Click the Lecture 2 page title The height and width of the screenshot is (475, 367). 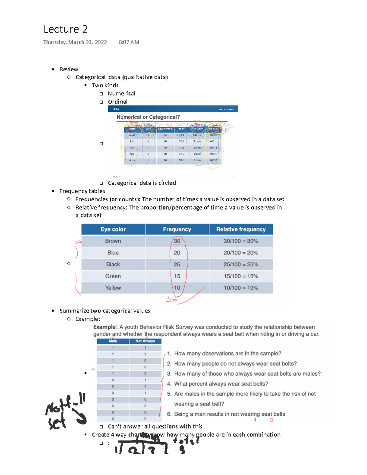coord(65,29)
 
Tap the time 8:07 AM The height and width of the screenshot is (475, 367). coord(129,42)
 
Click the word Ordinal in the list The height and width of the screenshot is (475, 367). coord(117,102)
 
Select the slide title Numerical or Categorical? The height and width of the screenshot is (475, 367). coord(148,117)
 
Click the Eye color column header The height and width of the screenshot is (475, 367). coord(113,229)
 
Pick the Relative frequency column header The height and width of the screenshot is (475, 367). coord(241,229)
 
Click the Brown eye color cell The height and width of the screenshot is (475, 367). coord(113,241)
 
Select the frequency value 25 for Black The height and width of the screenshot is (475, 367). coord(177,265)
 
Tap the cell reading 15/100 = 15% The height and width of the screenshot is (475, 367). coord(241,276)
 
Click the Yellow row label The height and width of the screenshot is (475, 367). coord(113,288)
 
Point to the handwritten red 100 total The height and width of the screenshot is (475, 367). coord(172,300)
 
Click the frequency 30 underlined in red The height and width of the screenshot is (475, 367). coord(177,241)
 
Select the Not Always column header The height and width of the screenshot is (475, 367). coord(145,341)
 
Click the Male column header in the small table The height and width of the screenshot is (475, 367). coord(113,341)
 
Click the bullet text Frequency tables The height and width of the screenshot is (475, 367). coord(82,191)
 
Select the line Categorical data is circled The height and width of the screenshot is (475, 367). coord(142,183)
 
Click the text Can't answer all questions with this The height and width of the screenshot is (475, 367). coord(155,426)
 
